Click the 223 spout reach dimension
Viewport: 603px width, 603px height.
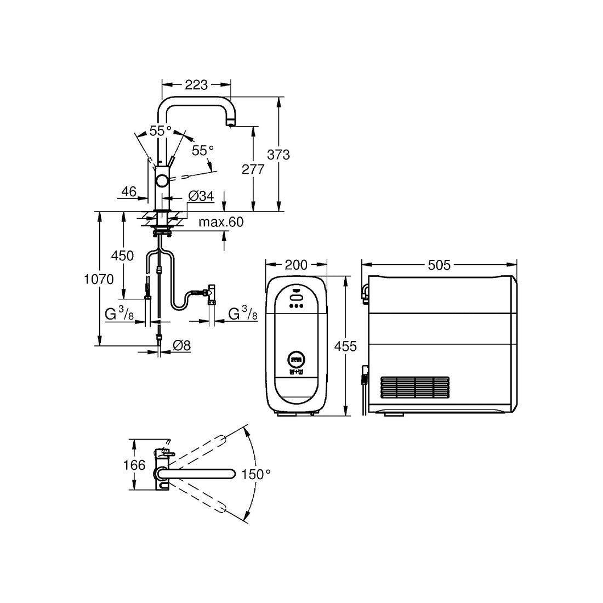tap(196, 84)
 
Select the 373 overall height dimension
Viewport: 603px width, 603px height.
tap(278, 155)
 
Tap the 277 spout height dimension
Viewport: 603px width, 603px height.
tap(253, 169)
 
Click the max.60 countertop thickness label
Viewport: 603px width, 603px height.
tap(221, 222)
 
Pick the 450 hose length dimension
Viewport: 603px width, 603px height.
tap(122, 256)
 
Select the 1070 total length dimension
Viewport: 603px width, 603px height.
tap(99, 279)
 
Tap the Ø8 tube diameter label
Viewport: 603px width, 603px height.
tap(182, 345)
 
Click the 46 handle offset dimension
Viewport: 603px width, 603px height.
tap(129, 191)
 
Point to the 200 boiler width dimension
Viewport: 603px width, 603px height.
tap(296, 265)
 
